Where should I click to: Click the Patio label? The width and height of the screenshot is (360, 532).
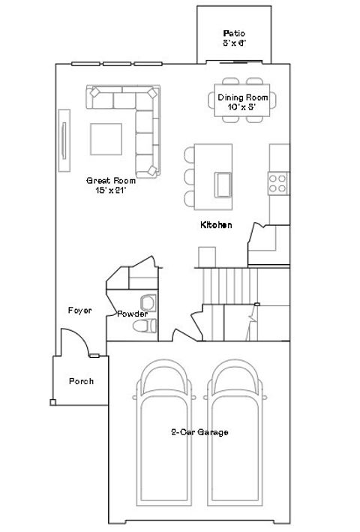tap(234, 33)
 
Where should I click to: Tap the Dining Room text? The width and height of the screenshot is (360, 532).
tap(242, 98)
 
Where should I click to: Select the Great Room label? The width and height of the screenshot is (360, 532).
tap(109, 180)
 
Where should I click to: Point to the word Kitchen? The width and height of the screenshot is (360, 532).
tap(215, 224)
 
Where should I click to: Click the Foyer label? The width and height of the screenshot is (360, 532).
tap(79, 311)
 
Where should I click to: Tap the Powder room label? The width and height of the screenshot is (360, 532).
tap(132, 314)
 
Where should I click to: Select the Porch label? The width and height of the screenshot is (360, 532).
tap(81, 381)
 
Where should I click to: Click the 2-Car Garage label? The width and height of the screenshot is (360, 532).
tap(199, 432)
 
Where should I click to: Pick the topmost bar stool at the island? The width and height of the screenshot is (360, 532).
tap(189, 155)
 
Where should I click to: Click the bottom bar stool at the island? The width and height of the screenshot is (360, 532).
tap(189, 198)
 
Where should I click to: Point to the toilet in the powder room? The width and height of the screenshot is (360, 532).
tap(146, 326)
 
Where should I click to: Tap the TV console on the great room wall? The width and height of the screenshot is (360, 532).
tap(64, 141)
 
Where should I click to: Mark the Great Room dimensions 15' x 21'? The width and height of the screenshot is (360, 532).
tap(109, 191)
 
